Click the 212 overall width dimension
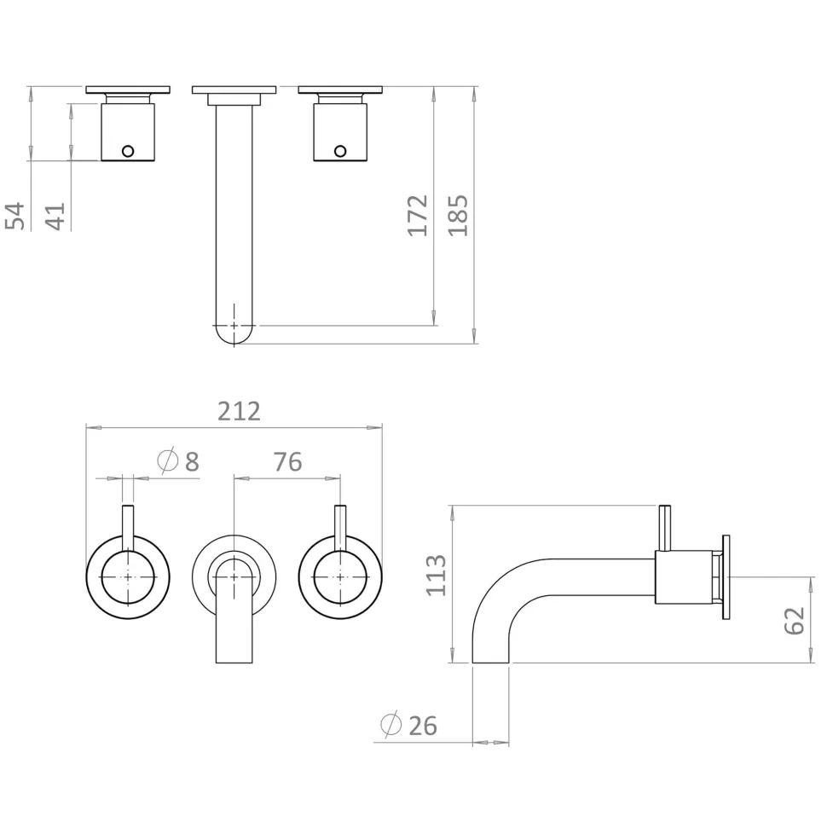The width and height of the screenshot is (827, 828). click(x=240, y=412)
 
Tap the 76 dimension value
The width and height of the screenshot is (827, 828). click(x=288, y=462)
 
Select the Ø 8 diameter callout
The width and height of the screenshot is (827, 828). click(x=178, y=461)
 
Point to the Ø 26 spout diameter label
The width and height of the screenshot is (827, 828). click(x=408, y=725)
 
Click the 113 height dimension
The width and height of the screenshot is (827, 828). click(x=437, y=576)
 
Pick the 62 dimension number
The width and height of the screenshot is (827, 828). click(x=795, y=621)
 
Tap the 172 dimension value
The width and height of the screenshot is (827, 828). click(x=418, y=216)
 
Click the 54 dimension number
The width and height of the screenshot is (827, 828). click(x=14, y=216)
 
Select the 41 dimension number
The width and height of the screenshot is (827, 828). click(x=55, y=216)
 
